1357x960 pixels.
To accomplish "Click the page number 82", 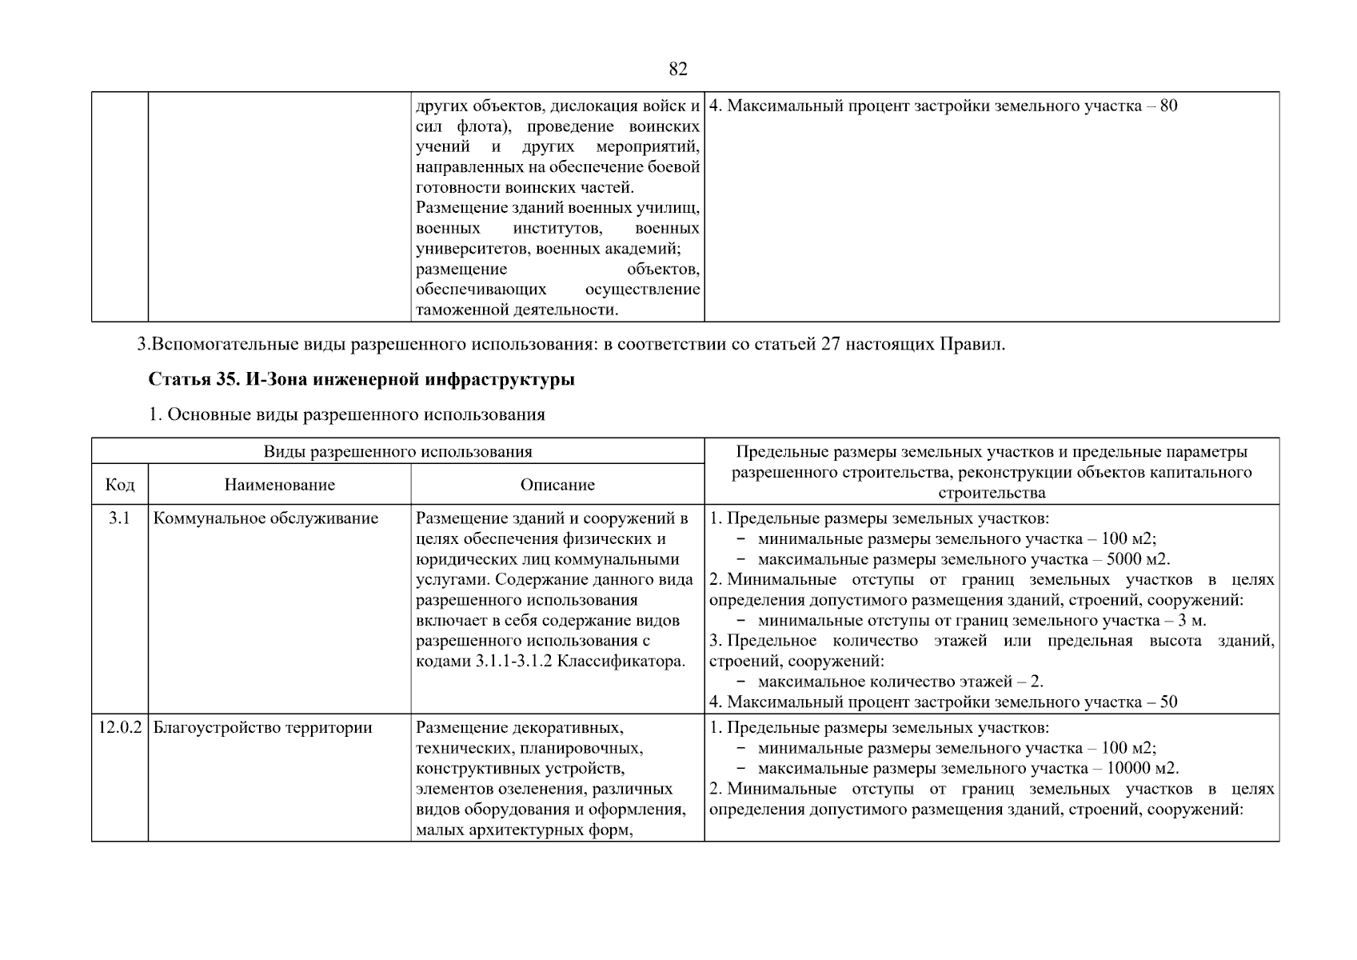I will click(x=677, y=70).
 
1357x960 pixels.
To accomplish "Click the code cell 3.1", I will click(x=119, y=518).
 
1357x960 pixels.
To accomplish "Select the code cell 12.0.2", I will click(x=119, y=728).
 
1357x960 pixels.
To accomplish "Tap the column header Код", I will click(x=119, y=485).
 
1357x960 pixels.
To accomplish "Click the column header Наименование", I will click(x=279, y=485).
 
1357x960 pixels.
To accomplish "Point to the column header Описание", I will click(x=557, y=485).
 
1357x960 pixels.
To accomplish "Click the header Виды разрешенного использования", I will click(x=397, y=451).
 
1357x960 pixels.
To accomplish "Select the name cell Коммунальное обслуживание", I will click(x=265, y=518).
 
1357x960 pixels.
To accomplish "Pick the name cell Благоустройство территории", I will click(x=262, y=728).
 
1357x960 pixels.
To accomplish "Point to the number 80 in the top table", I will click(x=1168, y=106).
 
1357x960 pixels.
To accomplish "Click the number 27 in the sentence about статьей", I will click(x=830, y=345).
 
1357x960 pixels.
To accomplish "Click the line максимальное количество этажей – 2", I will click(x=900, y=682).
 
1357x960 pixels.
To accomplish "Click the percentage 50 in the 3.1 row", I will click(x=1168, y=703).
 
